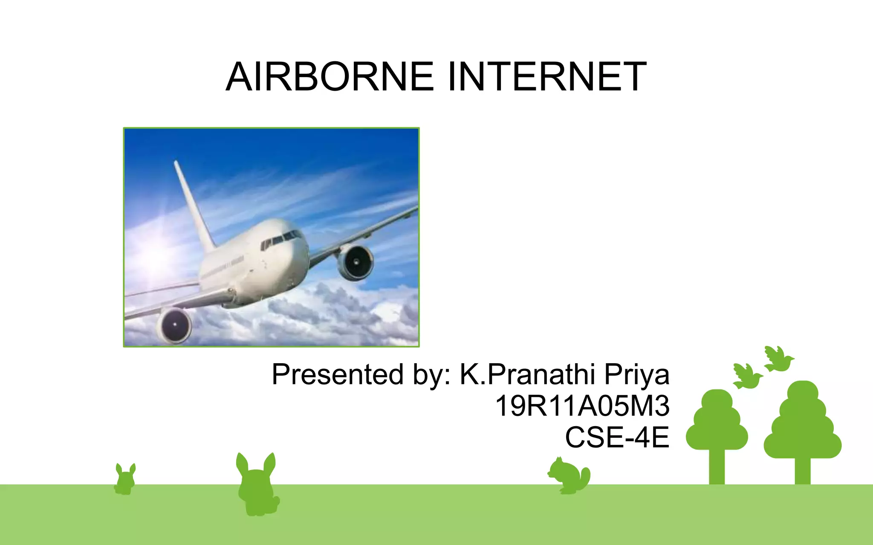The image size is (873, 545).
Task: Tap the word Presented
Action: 337,375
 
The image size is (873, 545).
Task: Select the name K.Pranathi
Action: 527,375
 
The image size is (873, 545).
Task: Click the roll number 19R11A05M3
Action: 582,406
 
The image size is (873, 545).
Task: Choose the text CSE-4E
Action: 617,437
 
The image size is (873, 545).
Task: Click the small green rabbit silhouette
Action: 125,480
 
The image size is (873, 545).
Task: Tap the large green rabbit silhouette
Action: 257,485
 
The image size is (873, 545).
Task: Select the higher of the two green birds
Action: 778,359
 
